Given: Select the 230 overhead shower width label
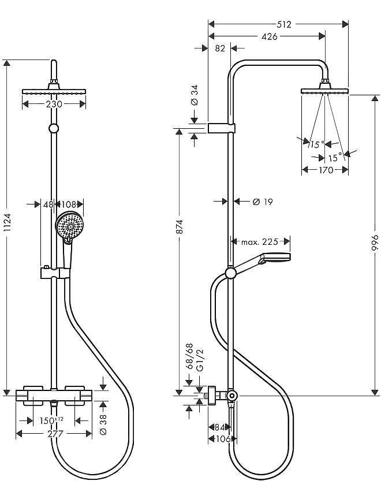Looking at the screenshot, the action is click(54, 104).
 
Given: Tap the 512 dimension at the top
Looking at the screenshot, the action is click(284, 24).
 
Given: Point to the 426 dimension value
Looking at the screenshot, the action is click(270, 36).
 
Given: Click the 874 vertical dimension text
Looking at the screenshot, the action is click(180, 226).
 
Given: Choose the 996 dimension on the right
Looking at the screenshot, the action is click(376, 244).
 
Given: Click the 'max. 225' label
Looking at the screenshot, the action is click(259, 242).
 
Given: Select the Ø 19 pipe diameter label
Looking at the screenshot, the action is click(263, 202).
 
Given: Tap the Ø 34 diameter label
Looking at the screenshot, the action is click(194, 95).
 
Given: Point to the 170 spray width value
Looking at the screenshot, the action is click(326, 170).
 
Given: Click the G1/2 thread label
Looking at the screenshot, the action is click(200, 360).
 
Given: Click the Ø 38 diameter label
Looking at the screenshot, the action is click(103, 424).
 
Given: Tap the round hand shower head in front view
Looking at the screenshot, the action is click(70, 226).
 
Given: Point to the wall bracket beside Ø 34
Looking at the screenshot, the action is click(222, 128).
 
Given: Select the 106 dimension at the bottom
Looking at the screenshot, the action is click(223, 439).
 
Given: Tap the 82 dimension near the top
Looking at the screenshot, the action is click(220, 49).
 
